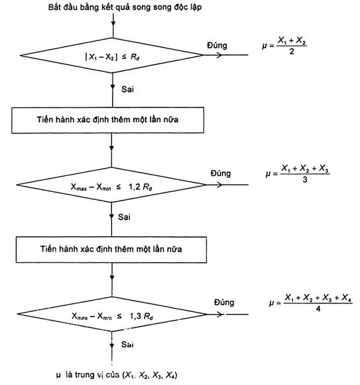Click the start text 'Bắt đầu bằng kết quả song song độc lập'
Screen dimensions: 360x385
(125, 7)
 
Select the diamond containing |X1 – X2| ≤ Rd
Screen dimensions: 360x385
(112, 55)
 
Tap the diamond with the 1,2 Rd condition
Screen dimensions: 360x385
(111, 185)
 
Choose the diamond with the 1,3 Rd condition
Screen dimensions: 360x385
(112, 314)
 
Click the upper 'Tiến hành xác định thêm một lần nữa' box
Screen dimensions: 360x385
(107, 120)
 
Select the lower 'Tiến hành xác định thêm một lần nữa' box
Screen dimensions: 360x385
(111, 250)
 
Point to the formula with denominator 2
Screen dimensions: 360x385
(284, 45)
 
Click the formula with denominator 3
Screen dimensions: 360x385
(298, 174)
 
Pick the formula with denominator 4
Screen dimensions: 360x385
(311, 303)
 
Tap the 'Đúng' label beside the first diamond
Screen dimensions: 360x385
(217, 45)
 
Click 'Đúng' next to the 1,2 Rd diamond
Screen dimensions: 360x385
(221, 173)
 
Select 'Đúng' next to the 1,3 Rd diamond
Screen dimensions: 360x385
(224, 302)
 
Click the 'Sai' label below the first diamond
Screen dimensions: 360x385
(127, 89)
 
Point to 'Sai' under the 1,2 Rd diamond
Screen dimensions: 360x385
(124, 217)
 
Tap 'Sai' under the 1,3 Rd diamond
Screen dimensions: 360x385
(127, 345)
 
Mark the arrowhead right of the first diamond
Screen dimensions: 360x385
(219, 55)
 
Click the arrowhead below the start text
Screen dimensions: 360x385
(113, 23)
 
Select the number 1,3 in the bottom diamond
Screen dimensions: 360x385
(135, 316)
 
